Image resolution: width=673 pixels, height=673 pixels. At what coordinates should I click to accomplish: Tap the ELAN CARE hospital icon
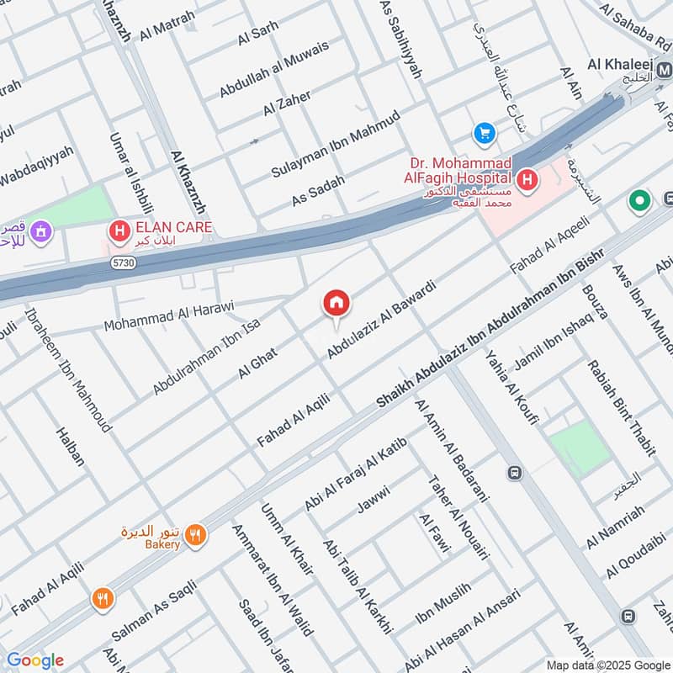coord(119,228)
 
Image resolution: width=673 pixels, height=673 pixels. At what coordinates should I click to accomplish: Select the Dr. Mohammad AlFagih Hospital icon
coord(527,178)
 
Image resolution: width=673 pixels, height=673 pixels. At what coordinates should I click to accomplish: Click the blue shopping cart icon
coord(484,133)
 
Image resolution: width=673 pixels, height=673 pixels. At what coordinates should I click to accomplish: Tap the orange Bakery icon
coord(195,534)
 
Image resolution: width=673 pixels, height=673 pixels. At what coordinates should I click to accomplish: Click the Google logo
coord(34,660)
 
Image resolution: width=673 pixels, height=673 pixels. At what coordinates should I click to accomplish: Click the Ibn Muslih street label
coord(442,612)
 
